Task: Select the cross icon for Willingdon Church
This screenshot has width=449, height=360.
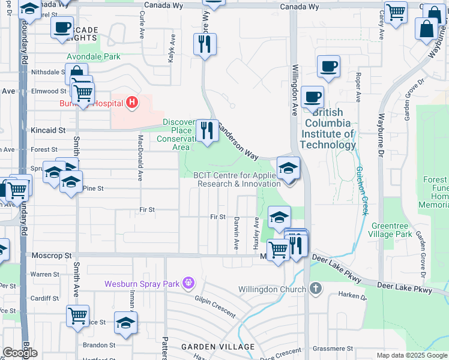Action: pos(316,289)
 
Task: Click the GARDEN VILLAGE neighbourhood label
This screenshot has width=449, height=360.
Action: pos(209,347)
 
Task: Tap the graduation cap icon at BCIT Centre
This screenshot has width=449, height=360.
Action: pos(288,169)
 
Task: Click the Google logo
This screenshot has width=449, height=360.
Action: pos(20,353)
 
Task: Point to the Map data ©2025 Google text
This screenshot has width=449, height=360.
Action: pos(411,355)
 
